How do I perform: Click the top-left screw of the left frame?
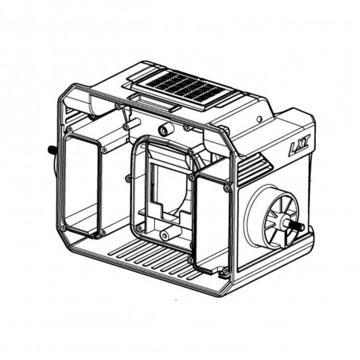click(69, 129)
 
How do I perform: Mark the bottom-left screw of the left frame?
click(62, 229)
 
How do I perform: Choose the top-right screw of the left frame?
click(104, 150)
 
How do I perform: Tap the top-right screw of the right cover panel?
click(227, 188)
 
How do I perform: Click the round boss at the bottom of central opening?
click(164, 234)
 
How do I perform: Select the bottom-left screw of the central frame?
click(138, 228)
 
